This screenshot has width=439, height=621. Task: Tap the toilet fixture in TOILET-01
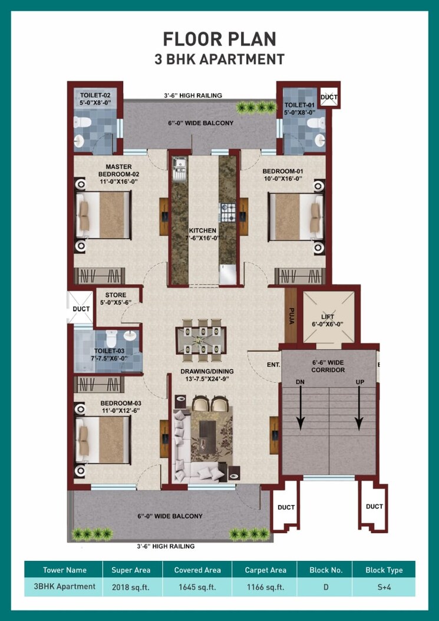(316, 123)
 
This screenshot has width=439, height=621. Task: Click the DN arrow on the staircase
(301, 407)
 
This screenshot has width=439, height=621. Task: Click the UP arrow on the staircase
(358, 407)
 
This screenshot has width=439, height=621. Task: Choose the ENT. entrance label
(273, 365)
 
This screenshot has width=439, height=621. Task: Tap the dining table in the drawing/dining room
(200, 341)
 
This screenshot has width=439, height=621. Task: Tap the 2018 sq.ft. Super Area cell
(131, 587)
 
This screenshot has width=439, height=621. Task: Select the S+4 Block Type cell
(384, 587)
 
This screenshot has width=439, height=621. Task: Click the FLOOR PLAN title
(219, 39)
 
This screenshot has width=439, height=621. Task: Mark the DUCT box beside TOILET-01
(328, 97)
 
